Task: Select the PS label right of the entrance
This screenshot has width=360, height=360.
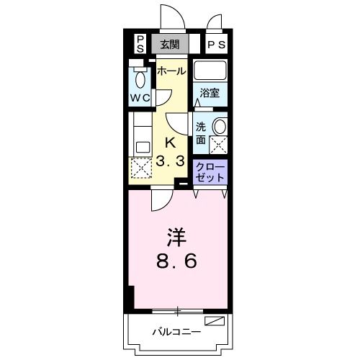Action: pos(216,44)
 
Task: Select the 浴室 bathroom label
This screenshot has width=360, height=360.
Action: pos(210,92)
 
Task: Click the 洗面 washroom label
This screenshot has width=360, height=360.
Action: pos(202,132)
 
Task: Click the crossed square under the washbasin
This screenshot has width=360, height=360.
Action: pos(218,144)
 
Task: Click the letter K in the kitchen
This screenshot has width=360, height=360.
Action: pos(171,143)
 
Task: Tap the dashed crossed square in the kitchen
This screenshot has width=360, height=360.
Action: pos(140,169)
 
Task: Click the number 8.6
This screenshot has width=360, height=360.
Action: pos(176,262)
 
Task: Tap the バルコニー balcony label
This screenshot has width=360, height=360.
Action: pos(176,332)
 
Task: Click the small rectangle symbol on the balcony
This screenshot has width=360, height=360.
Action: pos(215,320)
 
